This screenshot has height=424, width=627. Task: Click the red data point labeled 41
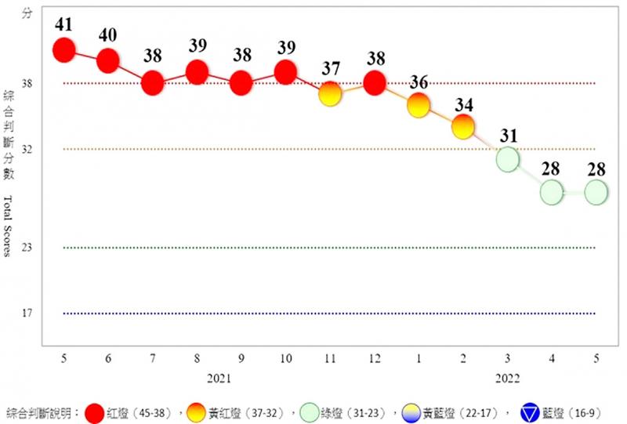tap(63, 50)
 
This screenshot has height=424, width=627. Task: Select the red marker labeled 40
tap(108, 61)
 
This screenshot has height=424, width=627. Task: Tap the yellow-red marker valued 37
tap(330, 94)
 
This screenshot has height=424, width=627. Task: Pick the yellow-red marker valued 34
tap(463, 126)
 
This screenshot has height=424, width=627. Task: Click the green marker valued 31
tap(508, 159)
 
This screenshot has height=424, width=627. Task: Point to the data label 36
tap(419, 81)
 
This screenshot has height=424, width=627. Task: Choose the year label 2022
tap(508, 378)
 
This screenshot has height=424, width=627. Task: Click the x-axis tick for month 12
tap(375, 357)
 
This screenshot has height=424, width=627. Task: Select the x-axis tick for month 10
tap(285, 357)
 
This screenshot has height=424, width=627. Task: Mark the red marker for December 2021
tap(375, 82)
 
